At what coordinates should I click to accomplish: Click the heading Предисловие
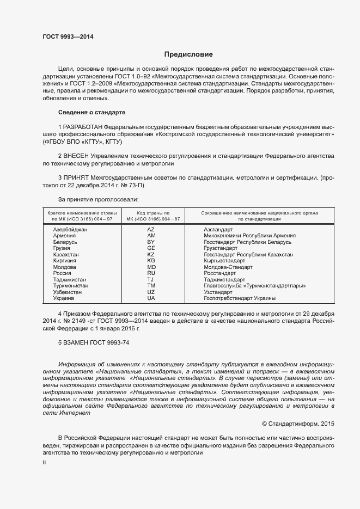pos(189,54)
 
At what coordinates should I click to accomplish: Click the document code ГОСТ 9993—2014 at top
pos(68,36)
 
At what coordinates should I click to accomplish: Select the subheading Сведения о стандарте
pos(91,112)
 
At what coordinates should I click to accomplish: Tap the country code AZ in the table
pos(151,230)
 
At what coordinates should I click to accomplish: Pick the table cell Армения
pos(65,236)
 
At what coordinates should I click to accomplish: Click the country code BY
pos(151,242)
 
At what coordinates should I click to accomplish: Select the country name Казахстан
pos(66,254)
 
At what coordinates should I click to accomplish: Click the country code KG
pos(151,261)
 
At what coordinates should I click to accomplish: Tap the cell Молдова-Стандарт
pos(228,267)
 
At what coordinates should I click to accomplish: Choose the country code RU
pos(151,273)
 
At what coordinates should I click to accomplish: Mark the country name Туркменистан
pos(71,286)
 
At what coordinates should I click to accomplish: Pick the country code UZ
pos(151,292)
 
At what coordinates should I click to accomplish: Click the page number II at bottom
pos(45,462)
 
